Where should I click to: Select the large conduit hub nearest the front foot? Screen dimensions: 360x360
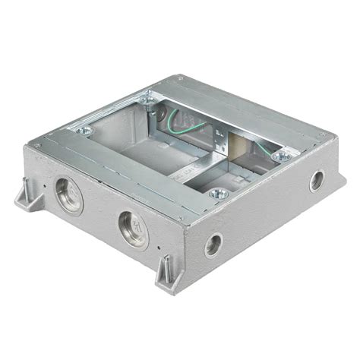click(x=132, y=228)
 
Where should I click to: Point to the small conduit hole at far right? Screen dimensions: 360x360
click(x=316, y=181)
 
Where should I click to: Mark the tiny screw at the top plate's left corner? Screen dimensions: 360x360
click(x=37, y=144)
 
